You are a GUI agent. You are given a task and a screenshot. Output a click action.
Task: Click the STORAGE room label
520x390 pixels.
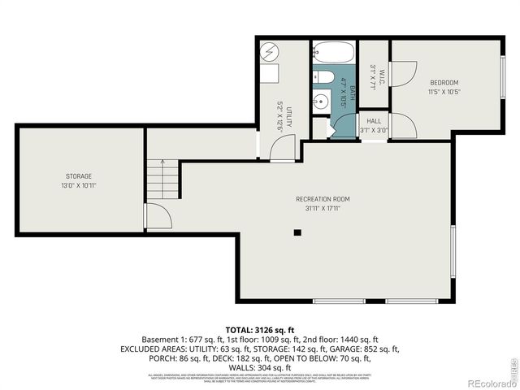[x=79, y=176]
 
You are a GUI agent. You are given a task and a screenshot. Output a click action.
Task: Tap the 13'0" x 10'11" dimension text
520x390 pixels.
[x=79, y=185]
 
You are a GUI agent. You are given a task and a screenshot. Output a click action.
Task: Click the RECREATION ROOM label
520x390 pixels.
[x=323, y=199]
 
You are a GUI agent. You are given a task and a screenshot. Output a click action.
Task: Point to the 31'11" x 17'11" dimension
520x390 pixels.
[x=323, y=208]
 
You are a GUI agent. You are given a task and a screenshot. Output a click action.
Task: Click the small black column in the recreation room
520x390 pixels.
[x=297, y=232]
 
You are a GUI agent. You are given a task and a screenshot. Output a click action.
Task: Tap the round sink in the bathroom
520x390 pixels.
[x=323, y=103]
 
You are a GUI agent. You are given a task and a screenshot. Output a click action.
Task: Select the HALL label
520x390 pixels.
[x=374, y=121]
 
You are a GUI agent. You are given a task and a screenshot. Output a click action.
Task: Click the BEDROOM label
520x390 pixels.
[x=444, y=83]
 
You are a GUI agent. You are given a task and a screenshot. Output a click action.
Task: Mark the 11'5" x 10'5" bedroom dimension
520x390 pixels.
[x=444, y=92]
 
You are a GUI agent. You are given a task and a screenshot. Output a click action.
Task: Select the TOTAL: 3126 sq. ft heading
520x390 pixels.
[x=261, y=329]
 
